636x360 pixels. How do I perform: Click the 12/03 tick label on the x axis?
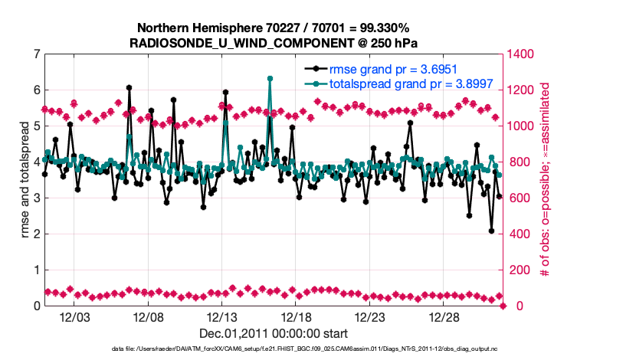click(x=74, y=317)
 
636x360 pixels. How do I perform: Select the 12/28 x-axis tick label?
click(x=444, y=317)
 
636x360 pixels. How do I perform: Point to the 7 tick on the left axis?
click(x=36, y=54)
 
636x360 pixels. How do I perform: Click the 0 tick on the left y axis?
click(x=36, y=306)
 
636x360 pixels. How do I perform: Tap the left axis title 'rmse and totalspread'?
click(x=25, y=180)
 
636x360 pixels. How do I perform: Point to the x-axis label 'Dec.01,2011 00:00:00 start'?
click(x=274, y=333)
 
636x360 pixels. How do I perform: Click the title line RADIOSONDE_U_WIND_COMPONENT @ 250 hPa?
click(x=274, y=42)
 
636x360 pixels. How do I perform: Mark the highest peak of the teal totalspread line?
click(x=270, y=78)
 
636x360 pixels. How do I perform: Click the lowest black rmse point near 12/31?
click(x=492, y=231)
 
